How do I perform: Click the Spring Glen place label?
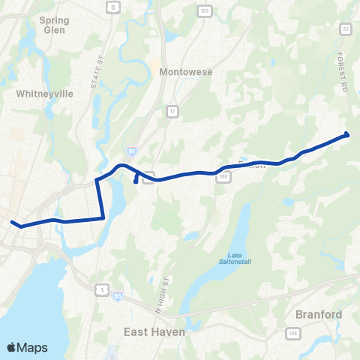pyautogui.click(x=53, y=25)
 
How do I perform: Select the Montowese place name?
pyautogui.click(x=186, y=72)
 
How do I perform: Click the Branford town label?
pyautogui.click(x=319, y=314)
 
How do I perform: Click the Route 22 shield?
pyautogui.click(x=346, y=28)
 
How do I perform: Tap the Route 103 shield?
pyautogui.click(x=224, y=10)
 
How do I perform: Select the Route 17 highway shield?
pyautogui.click(x=172, y=112)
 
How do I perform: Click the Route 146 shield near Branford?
pyautogui.click(x=290, y=331)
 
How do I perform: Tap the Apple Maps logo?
pyautogui.click(x=28, y=347)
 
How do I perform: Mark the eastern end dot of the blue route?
pyautogui.click(x=346, y=134)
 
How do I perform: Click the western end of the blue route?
pyautogui.click(x=12, y=221)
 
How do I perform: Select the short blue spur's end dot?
pyautogui.click(x=135, y=181)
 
